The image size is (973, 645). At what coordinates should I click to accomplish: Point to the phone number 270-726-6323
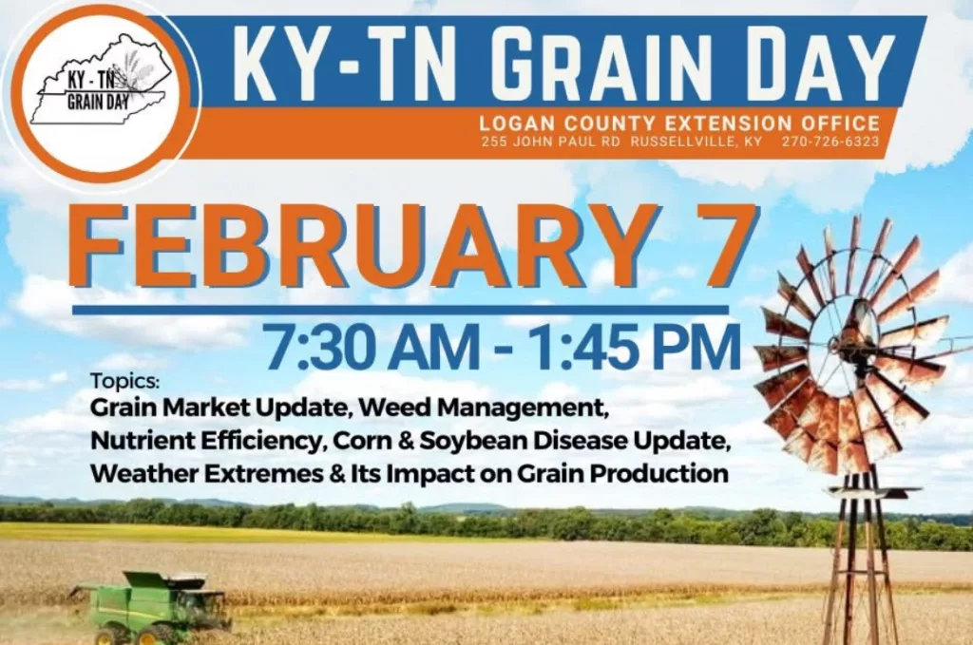[830, 142]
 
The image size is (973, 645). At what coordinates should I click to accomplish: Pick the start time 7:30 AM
[365, 348]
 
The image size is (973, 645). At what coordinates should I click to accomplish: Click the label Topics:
[125, 382]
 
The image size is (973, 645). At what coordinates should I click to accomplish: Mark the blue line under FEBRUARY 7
[399, 310]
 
